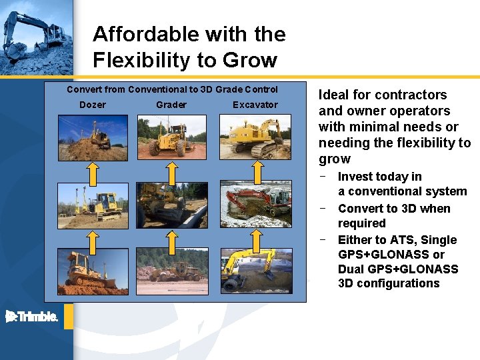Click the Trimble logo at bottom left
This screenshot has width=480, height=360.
[x=32, y=317]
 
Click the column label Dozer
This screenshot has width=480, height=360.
[x=93, y=105]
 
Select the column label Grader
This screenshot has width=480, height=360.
[x=171, y=105]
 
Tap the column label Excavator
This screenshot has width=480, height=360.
[x=255, y=105]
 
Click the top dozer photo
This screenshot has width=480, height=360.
[x=93, y=137]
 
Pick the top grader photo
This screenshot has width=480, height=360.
[x=171, y=137]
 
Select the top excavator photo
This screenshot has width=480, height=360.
[x=255, y=137]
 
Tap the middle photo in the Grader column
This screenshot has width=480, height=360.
[x=171, y=205]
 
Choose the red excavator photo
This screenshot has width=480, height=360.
[x=255, y=204]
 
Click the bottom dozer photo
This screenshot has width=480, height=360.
[x=93, y=271]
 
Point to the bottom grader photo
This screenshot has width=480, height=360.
[x=171, y=271]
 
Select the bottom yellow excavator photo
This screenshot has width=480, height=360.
[x=255, y=271]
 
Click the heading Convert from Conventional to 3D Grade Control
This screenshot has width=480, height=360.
[x=173, y=89]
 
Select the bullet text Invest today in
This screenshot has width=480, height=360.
[x=379, y=177]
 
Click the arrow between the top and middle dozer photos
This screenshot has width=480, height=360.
[x=93, y=172]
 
